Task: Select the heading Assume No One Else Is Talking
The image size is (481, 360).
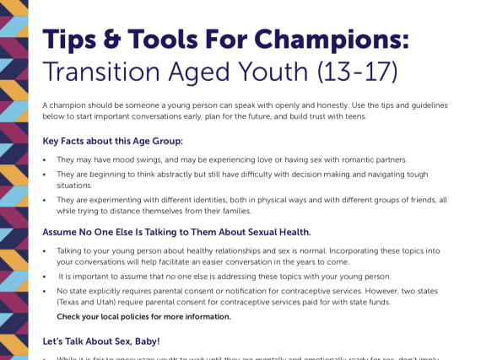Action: [x=176, y=232]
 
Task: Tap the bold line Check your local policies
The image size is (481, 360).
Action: [x=143, y=317]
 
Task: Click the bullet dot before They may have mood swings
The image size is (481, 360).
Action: [x=45, y=159]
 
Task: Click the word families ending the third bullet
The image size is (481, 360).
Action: [x=231, y=211]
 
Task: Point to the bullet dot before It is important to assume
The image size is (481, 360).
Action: [x=45, y=277]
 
